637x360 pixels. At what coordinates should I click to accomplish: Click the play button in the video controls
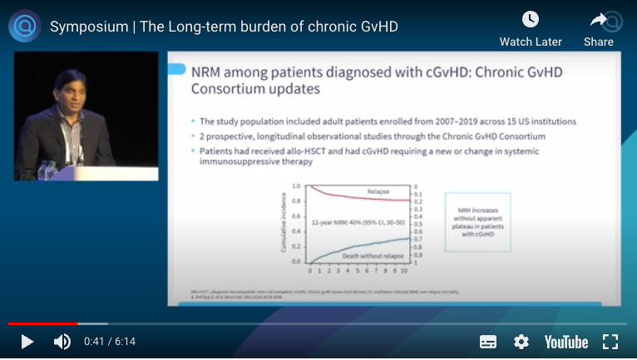[27, 342]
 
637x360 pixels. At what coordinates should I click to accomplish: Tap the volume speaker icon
[62, 342]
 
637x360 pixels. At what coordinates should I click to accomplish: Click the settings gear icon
[521, 342]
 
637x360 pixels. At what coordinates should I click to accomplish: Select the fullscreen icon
[610, 342]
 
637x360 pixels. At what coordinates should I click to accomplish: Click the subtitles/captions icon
[488, 342]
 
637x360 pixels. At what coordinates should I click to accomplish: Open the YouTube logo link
[566, 342]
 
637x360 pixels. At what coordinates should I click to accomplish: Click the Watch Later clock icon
[531, 19]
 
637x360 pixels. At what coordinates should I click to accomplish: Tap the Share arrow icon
[599, 19]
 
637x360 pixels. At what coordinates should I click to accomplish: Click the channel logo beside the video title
[24, 26]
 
